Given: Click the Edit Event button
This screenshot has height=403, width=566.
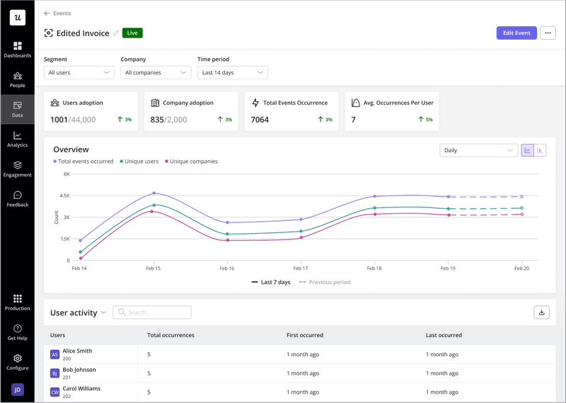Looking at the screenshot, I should [516, 33].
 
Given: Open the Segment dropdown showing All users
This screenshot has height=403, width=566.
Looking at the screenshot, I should [79, 72].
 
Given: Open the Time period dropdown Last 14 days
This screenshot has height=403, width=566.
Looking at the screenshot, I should [232, 72].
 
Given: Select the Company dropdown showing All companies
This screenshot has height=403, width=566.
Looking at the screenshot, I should [156, 72].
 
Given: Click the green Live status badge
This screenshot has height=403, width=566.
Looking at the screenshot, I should [132, 33].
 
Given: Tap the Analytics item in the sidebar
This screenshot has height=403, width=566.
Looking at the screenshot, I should [17, 139].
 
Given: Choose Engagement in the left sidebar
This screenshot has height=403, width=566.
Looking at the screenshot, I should [17, 169].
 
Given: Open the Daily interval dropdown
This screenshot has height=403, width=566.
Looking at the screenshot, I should [478, 150].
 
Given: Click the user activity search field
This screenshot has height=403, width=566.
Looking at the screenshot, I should [152, 312].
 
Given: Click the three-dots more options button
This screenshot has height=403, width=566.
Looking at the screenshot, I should [548, 33].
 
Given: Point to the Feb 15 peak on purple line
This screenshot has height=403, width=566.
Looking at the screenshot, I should [154, 193].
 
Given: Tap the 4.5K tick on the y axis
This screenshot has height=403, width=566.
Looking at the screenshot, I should [64, 195].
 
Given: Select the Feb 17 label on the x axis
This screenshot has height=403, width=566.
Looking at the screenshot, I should [300, 268].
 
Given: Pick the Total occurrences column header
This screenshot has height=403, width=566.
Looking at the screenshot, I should [171, 335].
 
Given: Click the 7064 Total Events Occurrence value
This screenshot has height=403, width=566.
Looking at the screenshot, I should [260, 120].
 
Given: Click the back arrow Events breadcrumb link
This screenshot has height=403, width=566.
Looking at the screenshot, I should [57, 13].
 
